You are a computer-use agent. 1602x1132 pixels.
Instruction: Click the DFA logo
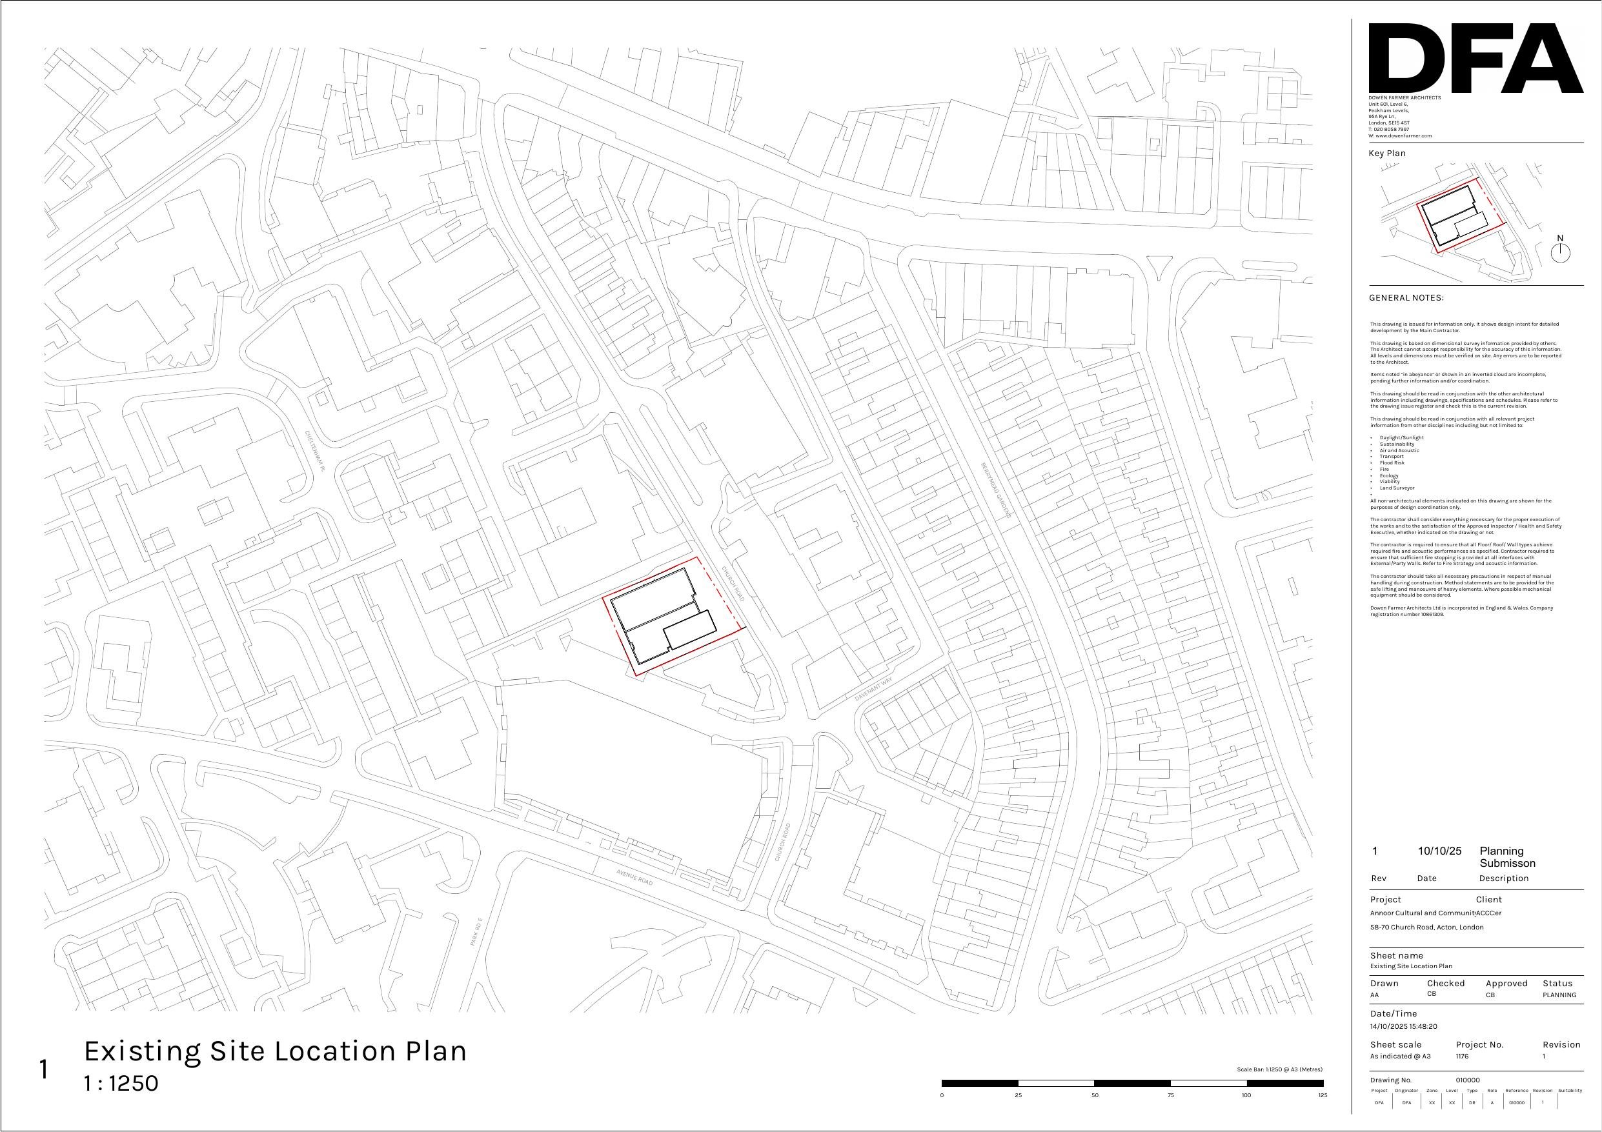[1475, 58]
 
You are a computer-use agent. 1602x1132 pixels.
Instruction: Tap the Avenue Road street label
[635, 877]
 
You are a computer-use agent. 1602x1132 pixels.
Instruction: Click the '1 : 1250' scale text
[121, 1083]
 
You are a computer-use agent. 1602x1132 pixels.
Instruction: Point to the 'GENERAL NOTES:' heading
[1406, 298]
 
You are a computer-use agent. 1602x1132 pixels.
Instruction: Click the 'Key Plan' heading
[1387, 154]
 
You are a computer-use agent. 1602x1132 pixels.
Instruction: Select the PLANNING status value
[1559, 995]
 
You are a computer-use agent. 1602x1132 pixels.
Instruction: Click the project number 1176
[1462, 1056]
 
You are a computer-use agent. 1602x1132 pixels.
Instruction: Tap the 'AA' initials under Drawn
[1375, 995]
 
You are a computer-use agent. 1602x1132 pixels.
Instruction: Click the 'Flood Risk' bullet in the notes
[1392, 462]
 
